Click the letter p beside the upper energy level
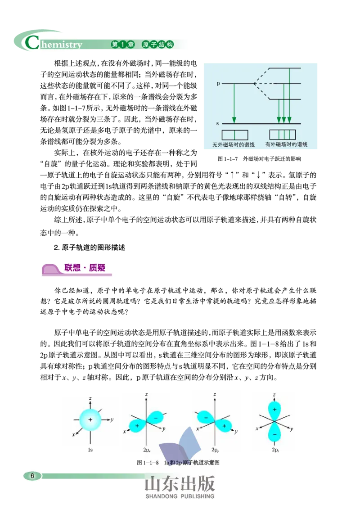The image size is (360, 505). click(218, 84)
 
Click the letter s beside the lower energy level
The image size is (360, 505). click(218, 123)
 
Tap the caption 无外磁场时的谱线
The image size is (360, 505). click(234, 145)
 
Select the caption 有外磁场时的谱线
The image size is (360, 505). click(286, 145)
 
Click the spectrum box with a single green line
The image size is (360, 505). click(234, 135)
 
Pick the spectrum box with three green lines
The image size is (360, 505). click(283, 135)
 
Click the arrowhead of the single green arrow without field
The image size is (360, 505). click(234, 119)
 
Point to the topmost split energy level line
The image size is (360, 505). click(284, 68)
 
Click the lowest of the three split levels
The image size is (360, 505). click(284, 99)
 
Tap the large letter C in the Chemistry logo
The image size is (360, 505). click(32, 42)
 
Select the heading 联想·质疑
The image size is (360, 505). click(85, 268)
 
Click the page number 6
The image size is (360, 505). click(32, 476)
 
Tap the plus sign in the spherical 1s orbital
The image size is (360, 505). click(90, 419)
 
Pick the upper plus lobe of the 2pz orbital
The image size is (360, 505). click(274, 410)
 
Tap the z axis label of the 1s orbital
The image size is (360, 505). click(90, 398)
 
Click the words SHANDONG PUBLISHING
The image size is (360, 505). click(180, 496)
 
